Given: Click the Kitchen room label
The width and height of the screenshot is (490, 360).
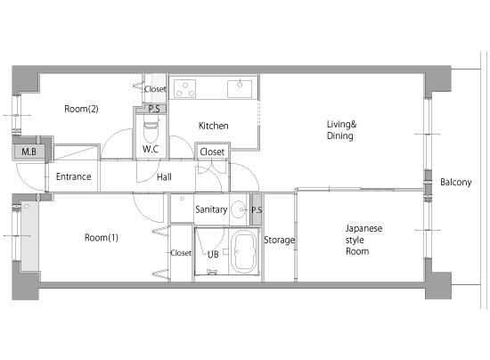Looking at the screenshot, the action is pyautogui.click(x=214, y=126).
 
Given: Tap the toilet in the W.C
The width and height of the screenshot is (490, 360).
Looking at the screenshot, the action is pyautogui.click(x=151, y=128).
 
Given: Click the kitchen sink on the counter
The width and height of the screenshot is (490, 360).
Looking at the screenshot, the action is pyautogui.click(x=240, y=89).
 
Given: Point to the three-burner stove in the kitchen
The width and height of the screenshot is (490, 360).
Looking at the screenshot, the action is pyautogui.click(x=185, y=88).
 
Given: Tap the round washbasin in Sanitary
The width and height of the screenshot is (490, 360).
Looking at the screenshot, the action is pyautogui.click(x=239, y=209).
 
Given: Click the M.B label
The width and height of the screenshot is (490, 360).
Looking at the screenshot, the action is pyautogui.click(x=29, y=151).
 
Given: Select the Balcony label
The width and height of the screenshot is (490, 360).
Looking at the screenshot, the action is pyautogui.click(x=456, y=182).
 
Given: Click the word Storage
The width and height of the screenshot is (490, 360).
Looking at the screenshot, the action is pyautogui.click(x=279, y=240).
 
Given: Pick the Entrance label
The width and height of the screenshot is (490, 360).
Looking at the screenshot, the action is pyautogui.click(x=73, y=176).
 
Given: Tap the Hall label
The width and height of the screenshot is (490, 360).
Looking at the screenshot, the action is pyautogui.click(x=164, y=177).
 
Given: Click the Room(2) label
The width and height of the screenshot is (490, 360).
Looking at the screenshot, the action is pyautogui.click(x=81, y=109).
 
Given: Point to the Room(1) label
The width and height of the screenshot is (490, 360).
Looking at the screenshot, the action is pyautogui.click(x=102, y=238).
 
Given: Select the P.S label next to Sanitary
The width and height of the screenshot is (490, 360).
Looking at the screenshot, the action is pyautogui.click(x=257, y=210).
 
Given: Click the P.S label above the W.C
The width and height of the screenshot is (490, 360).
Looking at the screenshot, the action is pyautogui.click(x=154, y=109).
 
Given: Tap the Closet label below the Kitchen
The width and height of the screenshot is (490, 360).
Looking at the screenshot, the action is pyautogui.click(x=212, y=151).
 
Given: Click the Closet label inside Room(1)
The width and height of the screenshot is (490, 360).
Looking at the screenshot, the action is pyautogui.click(x=181, y=252).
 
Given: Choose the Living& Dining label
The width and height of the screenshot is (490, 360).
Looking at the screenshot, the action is pyautogui.click(x=341, y=130).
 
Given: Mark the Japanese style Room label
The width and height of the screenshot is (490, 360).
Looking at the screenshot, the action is pyautogui.click(x=363, y=240).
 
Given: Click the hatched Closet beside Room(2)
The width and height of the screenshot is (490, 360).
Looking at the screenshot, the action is pyautogui.click(x=155, y=89).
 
